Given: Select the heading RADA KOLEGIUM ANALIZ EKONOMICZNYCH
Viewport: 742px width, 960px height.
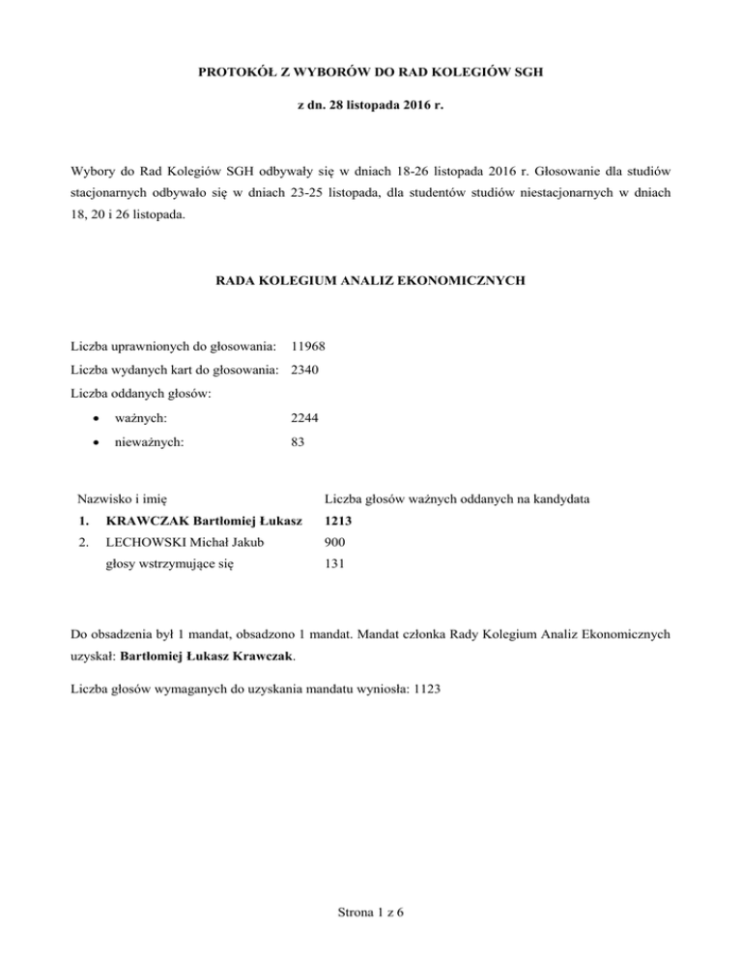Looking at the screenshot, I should (370, 281).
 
